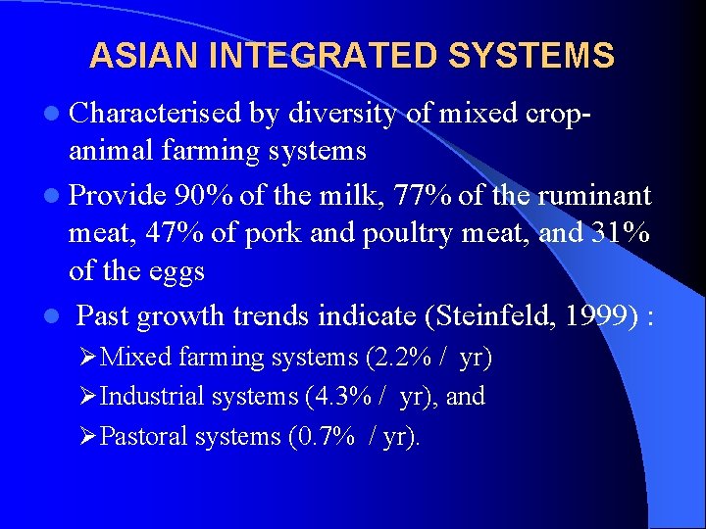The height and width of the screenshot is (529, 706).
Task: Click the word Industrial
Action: [x=152, y=397]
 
